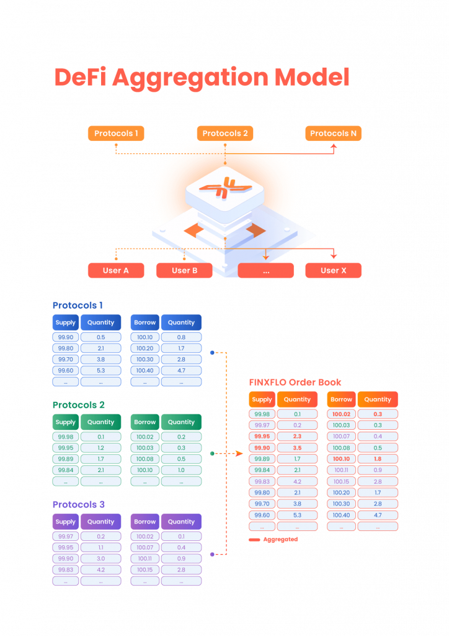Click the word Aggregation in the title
pyautogui.click(x=189, y=78)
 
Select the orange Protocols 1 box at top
pyautogui.click(x=116, y=134)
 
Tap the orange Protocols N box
pyautogui.click(x=333, y=134)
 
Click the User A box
pyautogui.click(x=116, y=271)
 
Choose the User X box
pyautogui.click(x=333, y=271)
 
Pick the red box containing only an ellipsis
pyautogui.click(x=265, y=271)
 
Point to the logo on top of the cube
pyautogui.click(x=225, y=189)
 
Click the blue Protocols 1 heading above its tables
pyautogui.click(x=78, y=306)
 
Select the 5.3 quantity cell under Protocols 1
pyautogui.click(x=100, y=371)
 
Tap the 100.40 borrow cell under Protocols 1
pyautogui.click(x=144, y=371)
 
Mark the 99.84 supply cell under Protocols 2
pyautogui.click(x=65, y=470)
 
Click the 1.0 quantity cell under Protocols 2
pyautogui.click(x=181, y=470)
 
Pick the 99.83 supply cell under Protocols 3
pyautogui.click(x=65, y=570)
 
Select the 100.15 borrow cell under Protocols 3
pyautogui.click(x=144, y=570)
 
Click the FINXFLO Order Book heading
pyautogui.click(x=295, y=383)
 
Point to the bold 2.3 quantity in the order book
pyautogui.click(x=297, y=437)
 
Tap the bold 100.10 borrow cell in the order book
pyautogui.click(x=341, y=459)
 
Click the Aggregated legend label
pyautogui.click(x=280, y=540)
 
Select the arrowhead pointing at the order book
pyautogui.click(x=240, y=453)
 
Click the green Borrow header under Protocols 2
pyautogui.click(x=144, y=422)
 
